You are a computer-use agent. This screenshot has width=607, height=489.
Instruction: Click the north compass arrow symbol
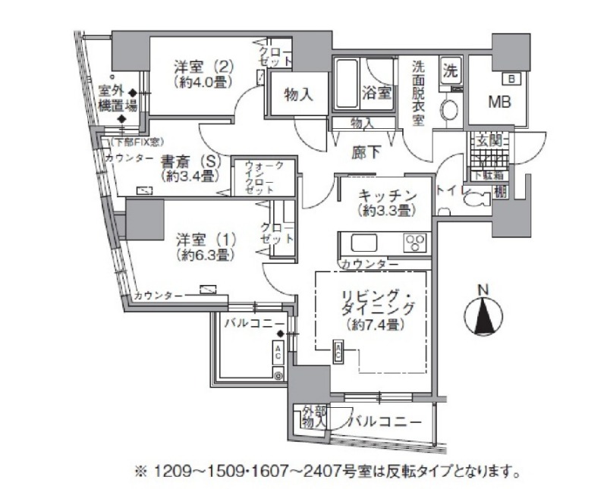pos(485,313)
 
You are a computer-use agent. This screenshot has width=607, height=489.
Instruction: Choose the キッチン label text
pos(385,199)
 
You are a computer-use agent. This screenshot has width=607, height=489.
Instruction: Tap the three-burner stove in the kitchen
pos(414,243)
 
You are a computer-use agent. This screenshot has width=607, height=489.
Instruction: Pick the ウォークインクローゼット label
pos(254,177)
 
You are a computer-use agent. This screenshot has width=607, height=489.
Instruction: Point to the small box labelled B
pos(512,77)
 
